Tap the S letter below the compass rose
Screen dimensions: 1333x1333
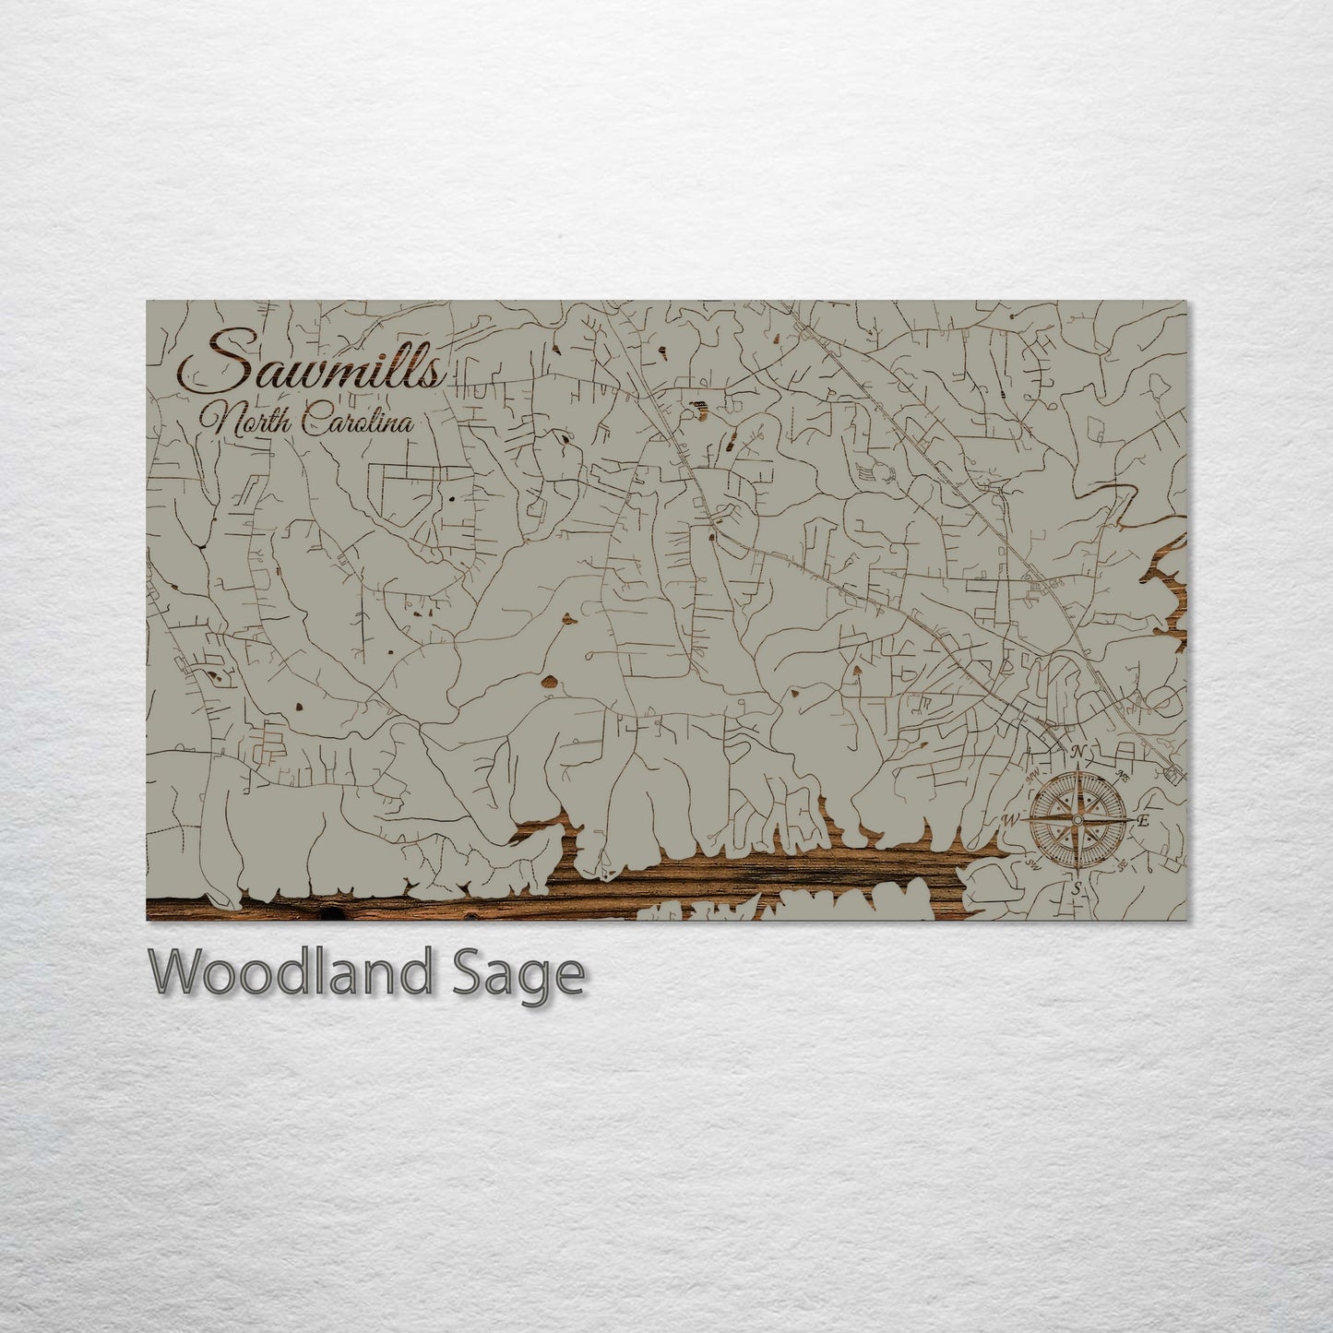click(1076, 887)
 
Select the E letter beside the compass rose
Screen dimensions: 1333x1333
click(1142, 820)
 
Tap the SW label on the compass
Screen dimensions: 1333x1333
click(1032, 865)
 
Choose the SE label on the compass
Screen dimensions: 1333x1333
click(1121, 865)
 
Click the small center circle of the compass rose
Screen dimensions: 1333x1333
click(1076, 818)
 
